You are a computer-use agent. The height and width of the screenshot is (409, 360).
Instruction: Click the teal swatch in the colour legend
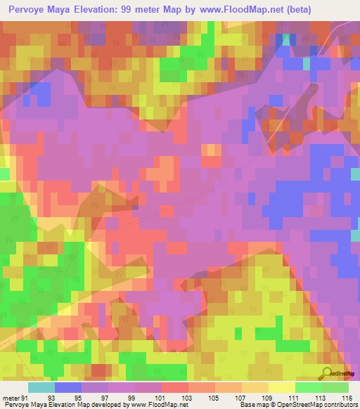tap(41, 387)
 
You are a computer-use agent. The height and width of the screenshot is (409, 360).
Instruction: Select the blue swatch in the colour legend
tap(68, 387)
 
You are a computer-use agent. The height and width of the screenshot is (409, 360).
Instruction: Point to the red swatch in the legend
tap(178, 387)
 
